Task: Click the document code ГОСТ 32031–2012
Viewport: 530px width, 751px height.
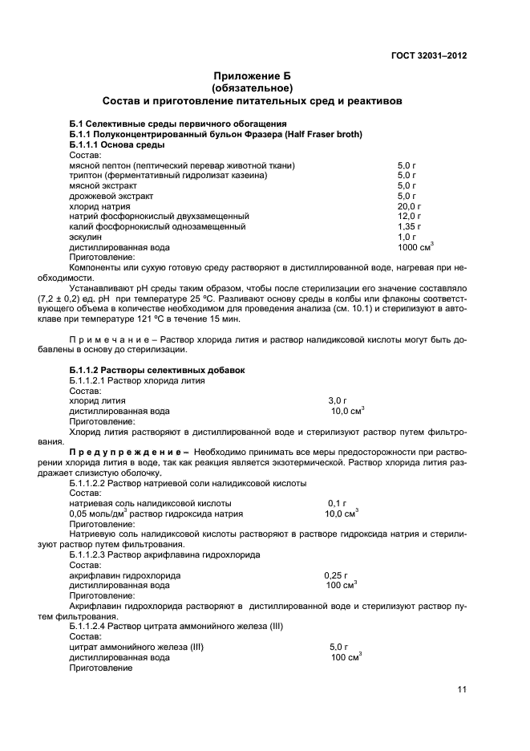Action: coord(429,56)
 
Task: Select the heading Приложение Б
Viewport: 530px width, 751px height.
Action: coord(252,75)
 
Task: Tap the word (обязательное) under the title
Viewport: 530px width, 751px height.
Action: coord(252,87)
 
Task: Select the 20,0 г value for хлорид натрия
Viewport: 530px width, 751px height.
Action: coord(409,206)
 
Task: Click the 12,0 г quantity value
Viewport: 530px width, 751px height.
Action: coord(409,217)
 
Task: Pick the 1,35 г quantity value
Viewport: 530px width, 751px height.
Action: coord(409,227)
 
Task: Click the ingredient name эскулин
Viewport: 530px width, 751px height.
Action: coord(86,237)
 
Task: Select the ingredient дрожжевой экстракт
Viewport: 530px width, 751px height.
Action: coord(111,196)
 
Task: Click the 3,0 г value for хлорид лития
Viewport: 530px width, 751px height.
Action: coord(338,400)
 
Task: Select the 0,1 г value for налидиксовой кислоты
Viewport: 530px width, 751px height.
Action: coord(338,503)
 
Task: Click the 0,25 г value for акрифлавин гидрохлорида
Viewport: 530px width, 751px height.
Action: coord(337,575)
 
